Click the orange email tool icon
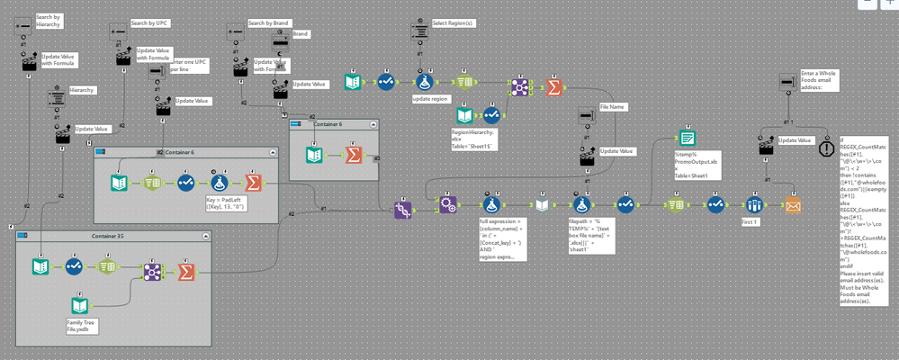click(x=793, y=205)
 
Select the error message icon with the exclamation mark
click(x=826, y=148)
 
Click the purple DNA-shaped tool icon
click(x=401, y=209)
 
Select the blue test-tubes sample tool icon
click(x=754, y=205)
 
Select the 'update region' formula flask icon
click(x=423, y=83)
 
